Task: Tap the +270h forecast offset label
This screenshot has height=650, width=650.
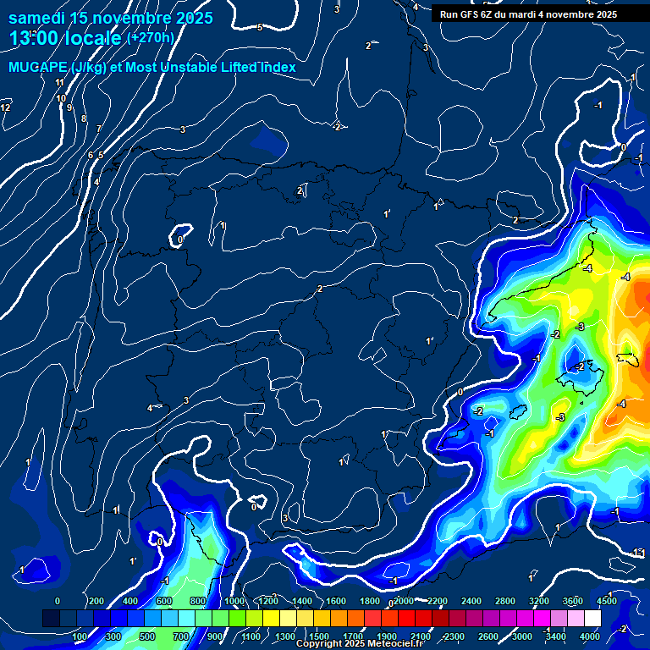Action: coord(150,37)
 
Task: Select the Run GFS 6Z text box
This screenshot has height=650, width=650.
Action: coord(528,14)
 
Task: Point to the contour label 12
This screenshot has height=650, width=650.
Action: coord(6,107)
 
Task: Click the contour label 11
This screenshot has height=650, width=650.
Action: coord(59,82)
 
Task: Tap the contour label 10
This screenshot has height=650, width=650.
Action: coord(61,98)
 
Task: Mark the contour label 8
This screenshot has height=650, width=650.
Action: coord(83,118)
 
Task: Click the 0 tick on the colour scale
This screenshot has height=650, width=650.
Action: coord(58,601)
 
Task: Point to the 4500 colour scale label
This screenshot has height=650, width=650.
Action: coord(608,601)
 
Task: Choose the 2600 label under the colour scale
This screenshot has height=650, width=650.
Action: coord(488,636)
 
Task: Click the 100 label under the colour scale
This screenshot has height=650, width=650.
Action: coord(80,636)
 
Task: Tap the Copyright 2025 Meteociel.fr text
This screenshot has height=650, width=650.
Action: coord(359,644)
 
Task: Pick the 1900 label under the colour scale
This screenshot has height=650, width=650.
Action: coord(387,636)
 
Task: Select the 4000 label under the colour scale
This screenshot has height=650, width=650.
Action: coord(590,636)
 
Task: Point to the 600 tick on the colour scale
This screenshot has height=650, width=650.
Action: coord(163,601)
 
